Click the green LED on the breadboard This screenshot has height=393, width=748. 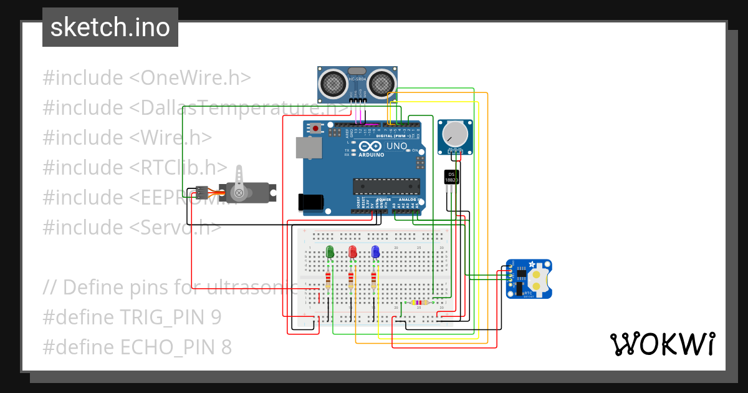click(330, 252)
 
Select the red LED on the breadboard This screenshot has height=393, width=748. click(352, 252)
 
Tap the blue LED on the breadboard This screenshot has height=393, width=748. click(375, 252)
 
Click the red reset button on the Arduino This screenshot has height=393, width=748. click(317, 129)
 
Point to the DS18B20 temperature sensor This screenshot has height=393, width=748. click(452, 177)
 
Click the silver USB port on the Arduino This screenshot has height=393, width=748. click(309, 148)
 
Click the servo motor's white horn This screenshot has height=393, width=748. click(239, 185)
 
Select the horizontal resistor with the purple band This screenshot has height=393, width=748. click(419, 303)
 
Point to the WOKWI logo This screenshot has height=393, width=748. click(662, 344)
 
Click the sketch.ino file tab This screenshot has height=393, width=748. click(110, 27)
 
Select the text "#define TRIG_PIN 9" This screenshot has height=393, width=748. click(132, 318)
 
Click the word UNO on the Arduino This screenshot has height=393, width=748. click(396, 146)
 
